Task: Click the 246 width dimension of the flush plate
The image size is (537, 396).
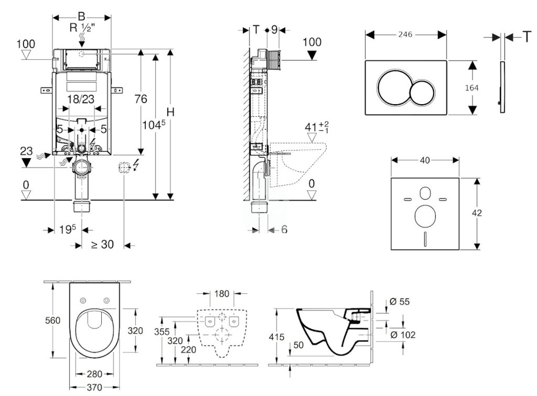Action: coord(405,34)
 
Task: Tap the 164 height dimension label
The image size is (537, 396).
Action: coord(471,88)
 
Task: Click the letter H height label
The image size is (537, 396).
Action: coord(170,112)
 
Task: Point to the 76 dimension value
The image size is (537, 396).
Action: coord(141,99)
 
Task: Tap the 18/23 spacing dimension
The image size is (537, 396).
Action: coord(81,99)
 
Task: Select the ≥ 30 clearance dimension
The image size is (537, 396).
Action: coord(102,245)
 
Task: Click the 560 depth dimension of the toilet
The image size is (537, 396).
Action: coord(53,321)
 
